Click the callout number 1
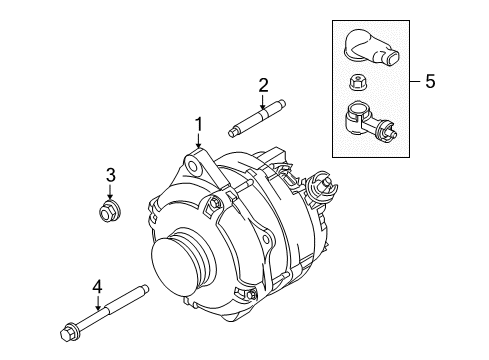[199, 125]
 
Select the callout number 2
[263, 85]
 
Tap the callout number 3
[111, 175]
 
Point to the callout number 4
[97, 287]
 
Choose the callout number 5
[430, 81]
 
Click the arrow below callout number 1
[199, 141]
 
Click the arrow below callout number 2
[263, 102]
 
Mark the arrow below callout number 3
[110, 192]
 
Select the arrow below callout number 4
[98, 303]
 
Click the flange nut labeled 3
[109, 211]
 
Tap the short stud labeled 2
[257, 118]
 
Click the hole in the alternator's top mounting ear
[192, 166]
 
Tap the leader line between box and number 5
[416, 81]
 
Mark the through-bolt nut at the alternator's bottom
[252, 295]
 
